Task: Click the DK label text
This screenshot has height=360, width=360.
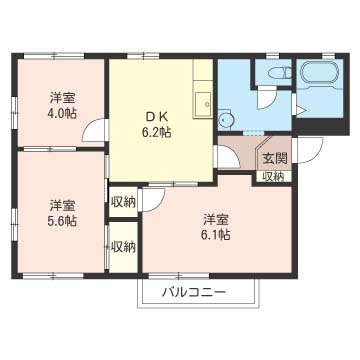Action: click(x=157, y=115)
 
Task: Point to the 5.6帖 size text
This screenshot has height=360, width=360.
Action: click(x=62, y=221)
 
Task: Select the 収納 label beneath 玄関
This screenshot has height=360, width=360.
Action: click(x=273, y=176)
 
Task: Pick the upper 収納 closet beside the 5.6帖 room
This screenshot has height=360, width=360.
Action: click(x=122, y=201)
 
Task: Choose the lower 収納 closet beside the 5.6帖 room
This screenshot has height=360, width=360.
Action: click(x=122, y=246)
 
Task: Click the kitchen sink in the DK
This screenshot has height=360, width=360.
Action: click(x=203, y=99)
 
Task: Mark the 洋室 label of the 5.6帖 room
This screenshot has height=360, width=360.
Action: click(x=62, y=205)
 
